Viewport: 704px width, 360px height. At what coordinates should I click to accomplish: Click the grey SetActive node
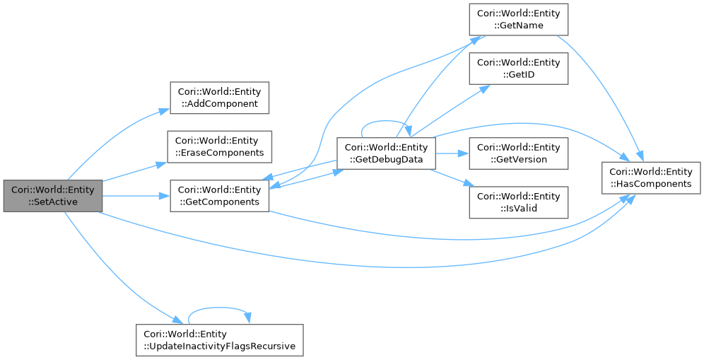(x=52, y=195)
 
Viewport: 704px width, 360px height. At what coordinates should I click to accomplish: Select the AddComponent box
(x=220, y=98)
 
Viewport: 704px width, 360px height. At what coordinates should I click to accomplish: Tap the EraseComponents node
(x=220, y=146)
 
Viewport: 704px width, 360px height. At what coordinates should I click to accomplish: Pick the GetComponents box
(x=220, y=195)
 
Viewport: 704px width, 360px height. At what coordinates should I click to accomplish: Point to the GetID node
(x=519, y=69)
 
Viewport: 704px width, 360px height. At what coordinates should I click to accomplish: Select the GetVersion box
(x=519, y=153)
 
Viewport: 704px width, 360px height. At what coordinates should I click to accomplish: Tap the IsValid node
(x=519, y=202)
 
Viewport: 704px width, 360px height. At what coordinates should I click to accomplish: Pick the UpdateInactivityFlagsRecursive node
(x=219, y=339)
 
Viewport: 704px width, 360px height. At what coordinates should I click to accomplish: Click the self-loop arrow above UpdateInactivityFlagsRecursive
(x=219, y=308)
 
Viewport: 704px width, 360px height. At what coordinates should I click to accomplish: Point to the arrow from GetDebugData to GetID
(x=452, y=110)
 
